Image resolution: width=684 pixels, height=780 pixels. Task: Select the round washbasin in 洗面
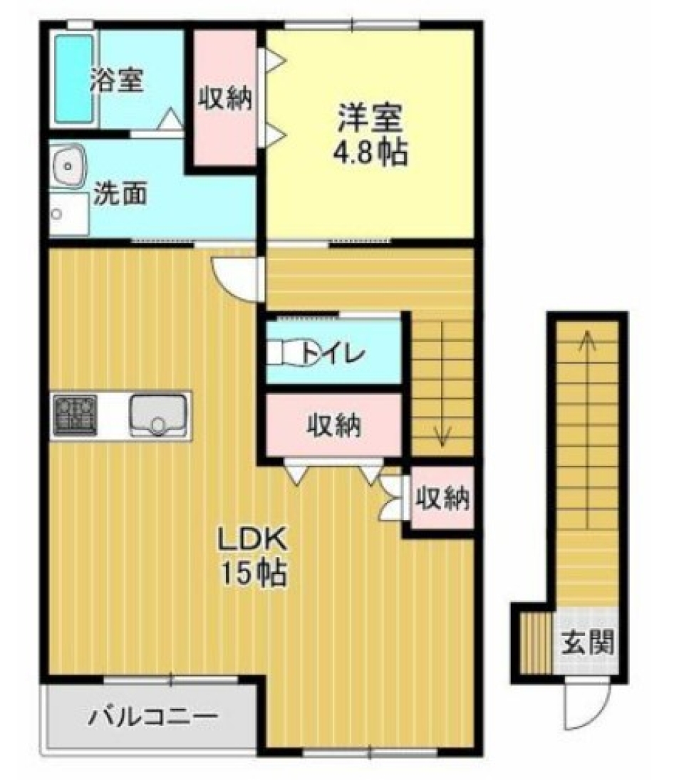[x=68, y=165]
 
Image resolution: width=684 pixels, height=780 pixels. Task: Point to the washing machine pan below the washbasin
[x=68, y=212]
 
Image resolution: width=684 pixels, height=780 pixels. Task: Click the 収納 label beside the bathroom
[x=225, y=98]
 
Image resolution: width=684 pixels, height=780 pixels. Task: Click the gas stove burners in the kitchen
[x=75, y=415]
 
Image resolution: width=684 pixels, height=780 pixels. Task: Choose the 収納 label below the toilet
[x=334, y=425]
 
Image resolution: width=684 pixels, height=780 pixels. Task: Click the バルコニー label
[x=152, y=716]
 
